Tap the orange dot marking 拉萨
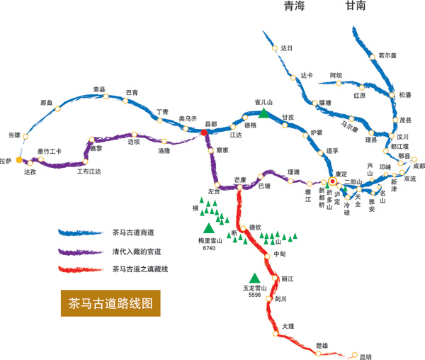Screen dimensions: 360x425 coord(19,160)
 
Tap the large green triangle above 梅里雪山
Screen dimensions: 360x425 coord(208,227)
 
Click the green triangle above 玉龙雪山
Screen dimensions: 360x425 coord(254,278)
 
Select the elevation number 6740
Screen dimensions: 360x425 coord(208,249)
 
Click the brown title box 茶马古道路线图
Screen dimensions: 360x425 coord(110,303)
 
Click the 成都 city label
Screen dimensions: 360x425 coord(418,166)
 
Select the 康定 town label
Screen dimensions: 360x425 coord(341,174)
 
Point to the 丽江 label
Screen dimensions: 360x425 coord(288,278)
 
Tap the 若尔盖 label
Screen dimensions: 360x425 coord(387,55)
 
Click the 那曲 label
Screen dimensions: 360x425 coord(47,103)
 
